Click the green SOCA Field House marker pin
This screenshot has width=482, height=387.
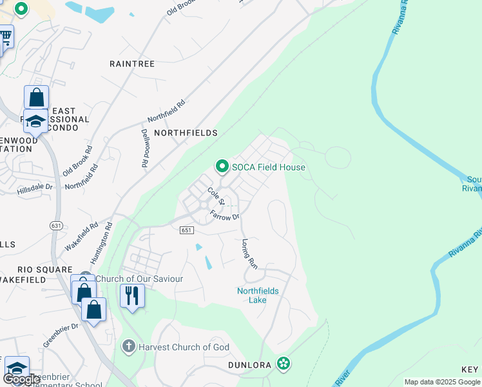pyautogui.click(x=222, y=167)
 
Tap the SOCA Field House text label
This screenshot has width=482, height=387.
pyautogui.click(x=269, y=167)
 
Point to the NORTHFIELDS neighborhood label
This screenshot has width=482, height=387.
pyautogui.click(x=185, y=132)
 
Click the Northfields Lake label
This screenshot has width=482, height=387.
pyautogui.click(x=258, y=295)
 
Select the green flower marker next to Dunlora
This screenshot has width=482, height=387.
pyautogui.click(x=283, y=364)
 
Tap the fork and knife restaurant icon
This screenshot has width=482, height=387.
pyautogui.click(x=132, y=296)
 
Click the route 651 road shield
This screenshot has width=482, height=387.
pyautogui.click(x=186, y=230)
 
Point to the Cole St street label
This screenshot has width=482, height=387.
pyautogui.click(x=215, y=196)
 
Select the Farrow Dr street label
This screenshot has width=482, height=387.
pyautogui.click(x=225, y=217)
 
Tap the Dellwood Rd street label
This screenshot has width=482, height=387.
pyautogui.click(x=144, y=148)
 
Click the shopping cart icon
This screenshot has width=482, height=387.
pyautogui.click(x=5, y=38)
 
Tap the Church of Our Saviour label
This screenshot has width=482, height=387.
pyautogui.click(x=139, y=279)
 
